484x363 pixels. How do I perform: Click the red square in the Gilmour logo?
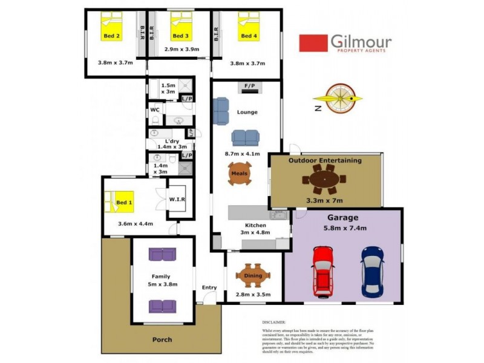pyautogui.click(x=312, y=44)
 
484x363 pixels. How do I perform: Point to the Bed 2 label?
pyautogui.click(x=111, y=36)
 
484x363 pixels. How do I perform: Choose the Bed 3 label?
pyautogui.click(x=180, y=36)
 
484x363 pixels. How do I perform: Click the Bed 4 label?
pyautogui.click(x=247, y=36)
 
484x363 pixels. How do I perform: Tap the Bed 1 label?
pyautogui.click(x=124, y=203)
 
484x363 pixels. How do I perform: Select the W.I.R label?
pyautogui.click(x=177, y=199)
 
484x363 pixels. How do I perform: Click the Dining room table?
pyautogui.click(x=253, y=276)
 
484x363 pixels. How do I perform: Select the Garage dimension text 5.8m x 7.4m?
pyautogui.click(x=343, y=228)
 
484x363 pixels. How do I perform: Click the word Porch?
pyautogui.click(x=162, y=339)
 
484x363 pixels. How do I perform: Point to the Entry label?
pyautogui.click(x=209, y=287)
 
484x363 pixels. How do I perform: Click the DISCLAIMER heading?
pyautogui.click(x=274, y=322)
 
